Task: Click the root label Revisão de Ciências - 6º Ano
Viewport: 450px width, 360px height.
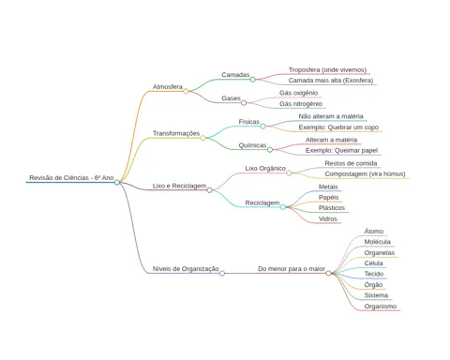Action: [71, 178]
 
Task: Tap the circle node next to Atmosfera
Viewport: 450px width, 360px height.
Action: [186, 91]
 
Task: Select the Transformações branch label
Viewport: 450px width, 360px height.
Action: [176, 133]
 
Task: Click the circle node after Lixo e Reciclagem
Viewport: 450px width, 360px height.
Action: [209, 190]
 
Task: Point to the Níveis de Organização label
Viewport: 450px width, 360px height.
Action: [186, 269]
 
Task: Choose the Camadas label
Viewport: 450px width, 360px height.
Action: [235, 75]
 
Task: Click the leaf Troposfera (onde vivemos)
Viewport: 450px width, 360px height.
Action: [327, 70]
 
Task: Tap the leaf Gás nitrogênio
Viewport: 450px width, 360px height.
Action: [301, 104]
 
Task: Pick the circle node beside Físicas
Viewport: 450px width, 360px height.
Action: [262, 127]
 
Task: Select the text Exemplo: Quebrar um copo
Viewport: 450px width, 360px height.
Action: [338, 127]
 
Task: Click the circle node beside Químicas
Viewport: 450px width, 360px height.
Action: [270, 150]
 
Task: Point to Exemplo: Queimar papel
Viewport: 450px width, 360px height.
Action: [341, 151]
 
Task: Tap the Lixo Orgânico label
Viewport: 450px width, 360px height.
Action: [265, 169]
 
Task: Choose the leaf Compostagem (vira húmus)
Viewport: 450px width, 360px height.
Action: [365, 174]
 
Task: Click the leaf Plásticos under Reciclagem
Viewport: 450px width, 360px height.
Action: [332, 208]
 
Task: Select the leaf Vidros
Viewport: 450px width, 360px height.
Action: [328, 219]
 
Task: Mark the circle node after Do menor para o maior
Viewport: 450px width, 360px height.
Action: [328, 274]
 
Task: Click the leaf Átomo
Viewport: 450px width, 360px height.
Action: [374, 232]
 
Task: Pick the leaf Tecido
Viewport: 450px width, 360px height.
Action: [374, 274]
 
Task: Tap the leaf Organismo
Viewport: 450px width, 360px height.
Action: [381, 307]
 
